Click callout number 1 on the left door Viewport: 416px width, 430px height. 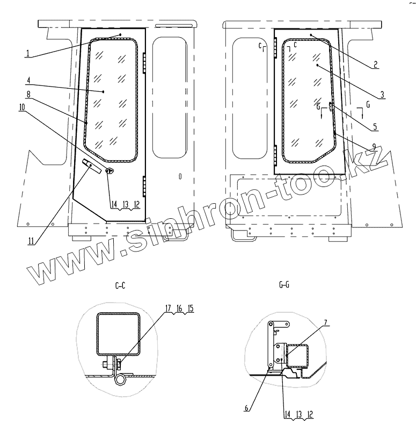(28, 53)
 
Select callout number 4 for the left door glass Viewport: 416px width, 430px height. (29, 81)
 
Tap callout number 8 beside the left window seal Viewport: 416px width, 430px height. (28, 95)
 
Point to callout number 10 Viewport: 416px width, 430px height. (22, 107)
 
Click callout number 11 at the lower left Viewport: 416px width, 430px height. (31, 241)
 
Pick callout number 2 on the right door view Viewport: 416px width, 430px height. (375, 64)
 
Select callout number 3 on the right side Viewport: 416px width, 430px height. (382, 95)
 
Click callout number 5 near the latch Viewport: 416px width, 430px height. (375, 127)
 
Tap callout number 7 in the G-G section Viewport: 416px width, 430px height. (326, 322)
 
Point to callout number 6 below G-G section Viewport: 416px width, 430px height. (246, 408)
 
